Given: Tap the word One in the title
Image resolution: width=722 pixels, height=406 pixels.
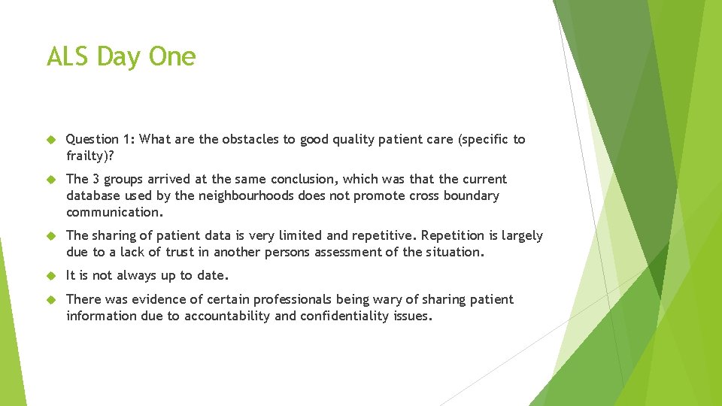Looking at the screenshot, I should [172, 57].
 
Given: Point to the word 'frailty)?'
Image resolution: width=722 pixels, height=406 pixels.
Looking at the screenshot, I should [91, 156].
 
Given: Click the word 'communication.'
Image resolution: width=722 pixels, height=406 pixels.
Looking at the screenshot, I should [114, 212].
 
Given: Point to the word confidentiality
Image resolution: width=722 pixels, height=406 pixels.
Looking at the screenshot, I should [344, 316].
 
